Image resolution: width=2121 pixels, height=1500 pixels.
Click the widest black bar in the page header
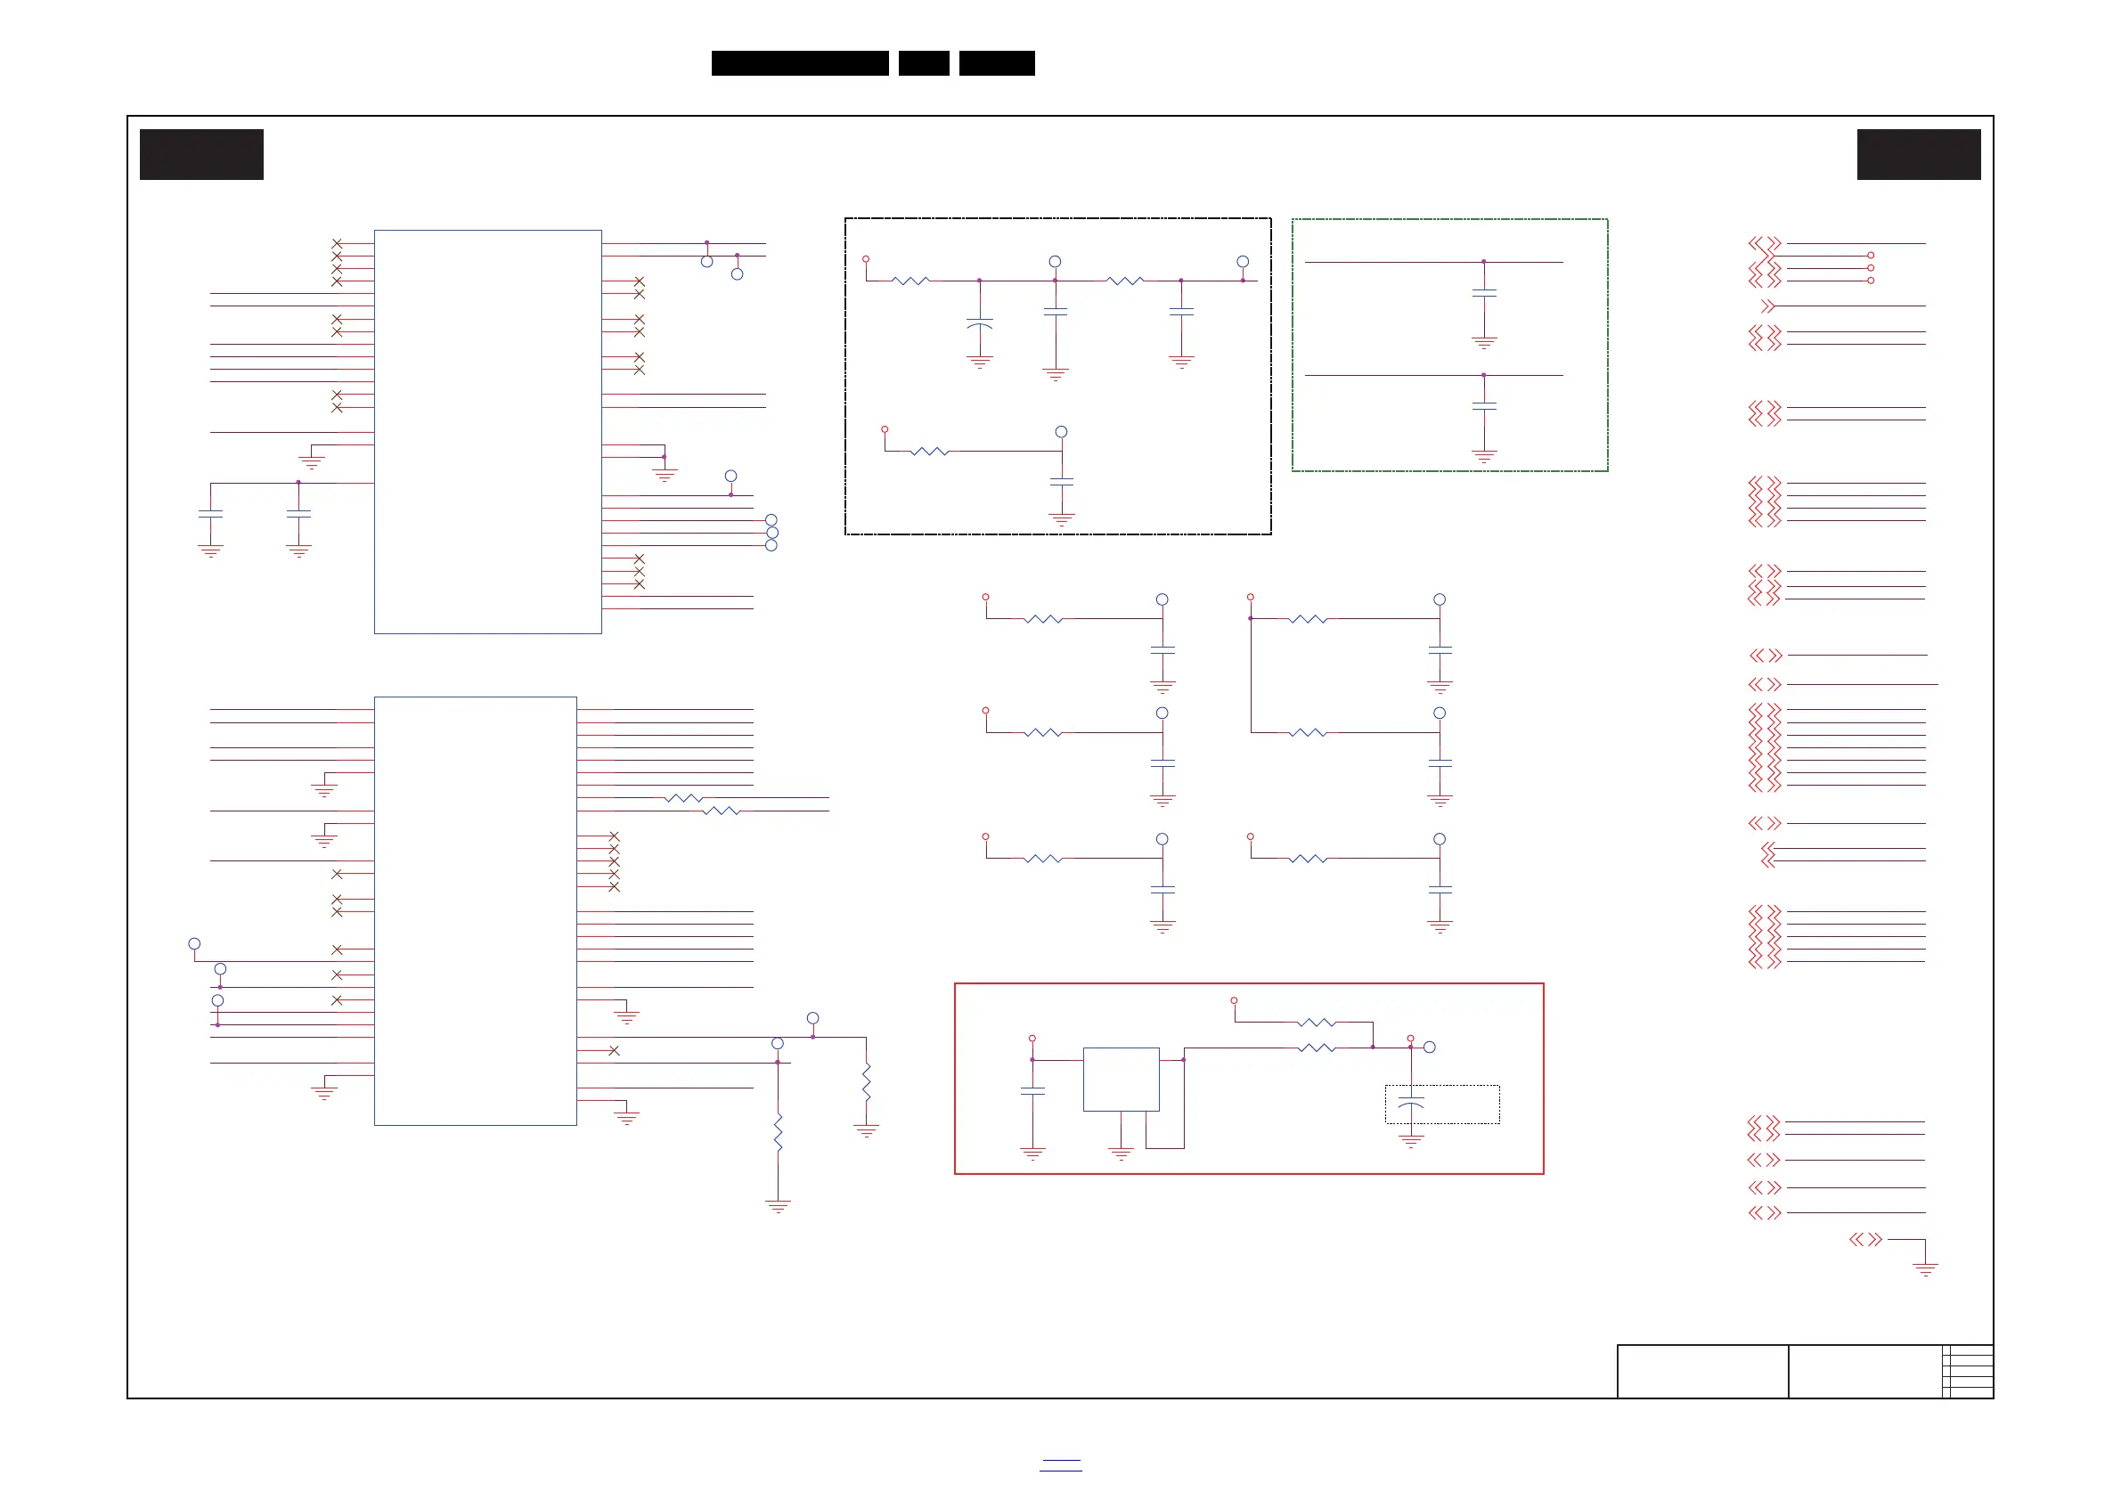[x=800, y=63]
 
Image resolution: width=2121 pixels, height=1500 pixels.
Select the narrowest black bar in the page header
[x=924, y=63]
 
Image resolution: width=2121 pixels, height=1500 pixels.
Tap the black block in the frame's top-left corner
[x=201, y=154]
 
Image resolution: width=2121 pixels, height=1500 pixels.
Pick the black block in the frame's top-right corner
[x=1919, y=154]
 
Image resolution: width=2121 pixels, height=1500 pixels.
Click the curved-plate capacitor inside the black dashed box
[x=979, y=324]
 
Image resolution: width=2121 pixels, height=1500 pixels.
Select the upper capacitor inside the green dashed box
[x=1483, y=294]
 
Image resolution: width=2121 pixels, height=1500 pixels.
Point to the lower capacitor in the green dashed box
[x=1483, y=406]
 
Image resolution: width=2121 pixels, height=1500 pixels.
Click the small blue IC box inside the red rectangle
[x=1121, y=1079]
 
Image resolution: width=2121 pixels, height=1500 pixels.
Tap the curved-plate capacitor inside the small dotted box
[x=1411, y=1103]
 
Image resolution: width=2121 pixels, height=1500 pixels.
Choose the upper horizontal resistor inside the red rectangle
[x=1316, y=1023]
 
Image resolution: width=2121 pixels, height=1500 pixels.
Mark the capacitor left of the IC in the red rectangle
[x=1032, y=1092]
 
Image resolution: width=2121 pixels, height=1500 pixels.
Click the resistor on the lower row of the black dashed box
[x=929, y=452]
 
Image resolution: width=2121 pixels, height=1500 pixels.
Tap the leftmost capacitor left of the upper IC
[x=210, y=514]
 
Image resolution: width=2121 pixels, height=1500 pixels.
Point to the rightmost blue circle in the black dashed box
[x=1243, y=262]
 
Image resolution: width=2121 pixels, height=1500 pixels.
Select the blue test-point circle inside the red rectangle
[x=1429, y=1048]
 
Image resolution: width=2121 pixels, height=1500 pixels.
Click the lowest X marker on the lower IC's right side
[x=614, y=1051]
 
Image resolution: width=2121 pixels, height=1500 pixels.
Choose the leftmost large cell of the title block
[x=1702, y=1372]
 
